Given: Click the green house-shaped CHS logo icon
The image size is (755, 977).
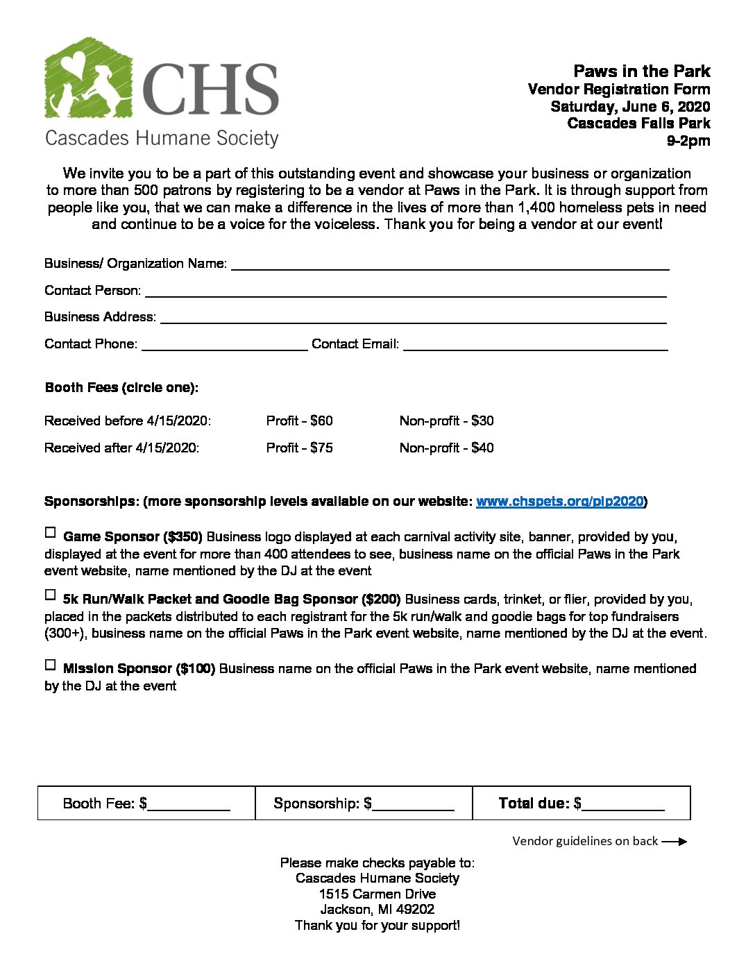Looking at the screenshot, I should click(x=88, y=78).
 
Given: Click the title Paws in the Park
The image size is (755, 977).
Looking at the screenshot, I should click(x=641, y=71).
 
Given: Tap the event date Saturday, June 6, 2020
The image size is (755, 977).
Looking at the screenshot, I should click(x=630, y=106).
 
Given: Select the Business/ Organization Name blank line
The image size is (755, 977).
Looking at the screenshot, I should click(x=450, y=264).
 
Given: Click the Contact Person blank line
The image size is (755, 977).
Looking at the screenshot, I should click(x=405, y=291).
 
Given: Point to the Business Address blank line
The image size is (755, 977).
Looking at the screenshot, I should click(x=413, y=318).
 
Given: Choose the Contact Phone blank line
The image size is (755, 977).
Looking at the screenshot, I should click(x=224, y=345).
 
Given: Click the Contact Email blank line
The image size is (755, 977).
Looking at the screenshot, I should click(x=535, y=345).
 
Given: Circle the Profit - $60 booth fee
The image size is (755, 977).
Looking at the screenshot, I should click(x=299, y=421).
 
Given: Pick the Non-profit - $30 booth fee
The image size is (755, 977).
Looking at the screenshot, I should click(x=446, y=421).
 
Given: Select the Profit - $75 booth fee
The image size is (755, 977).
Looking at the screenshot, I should click(x=299, y=448).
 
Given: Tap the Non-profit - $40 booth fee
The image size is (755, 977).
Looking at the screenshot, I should click(x=446, y=448).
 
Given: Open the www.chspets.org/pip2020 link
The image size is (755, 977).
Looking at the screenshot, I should click(x=559, y=502).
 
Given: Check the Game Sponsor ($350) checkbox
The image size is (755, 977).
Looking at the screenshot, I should click(x=50, y=533).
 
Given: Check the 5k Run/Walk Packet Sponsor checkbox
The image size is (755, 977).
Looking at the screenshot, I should click(x=50, y=595).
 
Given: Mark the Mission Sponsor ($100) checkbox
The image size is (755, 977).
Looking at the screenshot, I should click(x=50, y=665).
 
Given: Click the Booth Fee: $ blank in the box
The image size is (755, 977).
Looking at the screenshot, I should click(x=189, y=805).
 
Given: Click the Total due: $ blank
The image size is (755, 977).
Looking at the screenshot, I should click(x=623, y=805).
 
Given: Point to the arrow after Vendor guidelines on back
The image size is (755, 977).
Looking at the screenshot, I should click(x=674, y=842).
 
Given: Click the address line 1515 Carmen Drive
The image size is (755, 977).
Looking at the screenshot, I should click(x=377, y=894).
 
